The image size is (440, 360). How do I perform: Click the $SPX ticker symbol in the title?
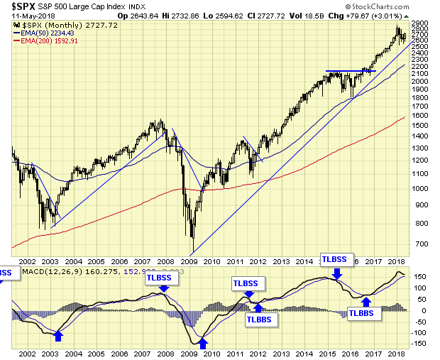click(x=23, y=8)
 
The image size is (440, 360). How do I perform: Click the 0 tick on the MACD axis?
click(x=419, y=310)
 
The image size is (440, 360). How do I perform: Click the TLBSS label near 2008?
click(x=163, y=278)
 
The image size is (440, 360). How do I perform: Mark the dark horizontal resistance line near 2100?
click(x=351, y=71)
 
